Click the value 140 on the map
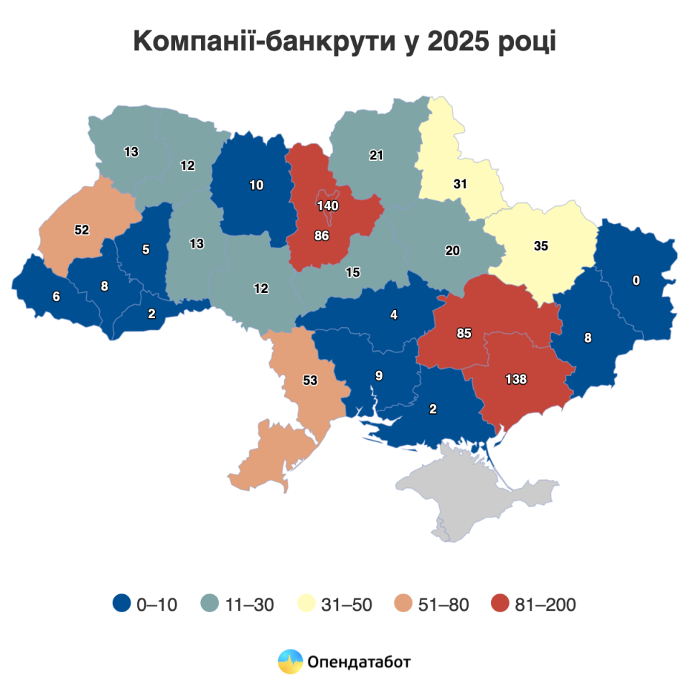(x=327, y=206)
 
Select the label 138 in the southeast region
(x=516, y=379)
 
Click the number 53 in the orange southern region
(x=310, y=380)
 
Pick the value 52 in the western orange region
(x=82, y=230)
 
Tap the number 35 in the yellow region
(x=540, y=245)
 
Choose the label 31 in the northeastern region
(x=460, y=184)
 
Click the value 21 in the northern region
(x=376, y=155)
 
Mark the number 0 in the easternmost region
(x=636, y=281)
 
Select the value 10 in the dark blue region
(x=256, y=185)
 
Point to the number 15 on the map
(x=352, y=273)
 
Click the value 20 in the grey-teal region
(x=452, y=251)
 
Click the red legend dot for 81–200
(x=500, y=604)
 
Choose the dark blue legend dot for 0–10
(x=122, y=604)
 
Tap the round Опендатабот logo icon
(x=291, y=660)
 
